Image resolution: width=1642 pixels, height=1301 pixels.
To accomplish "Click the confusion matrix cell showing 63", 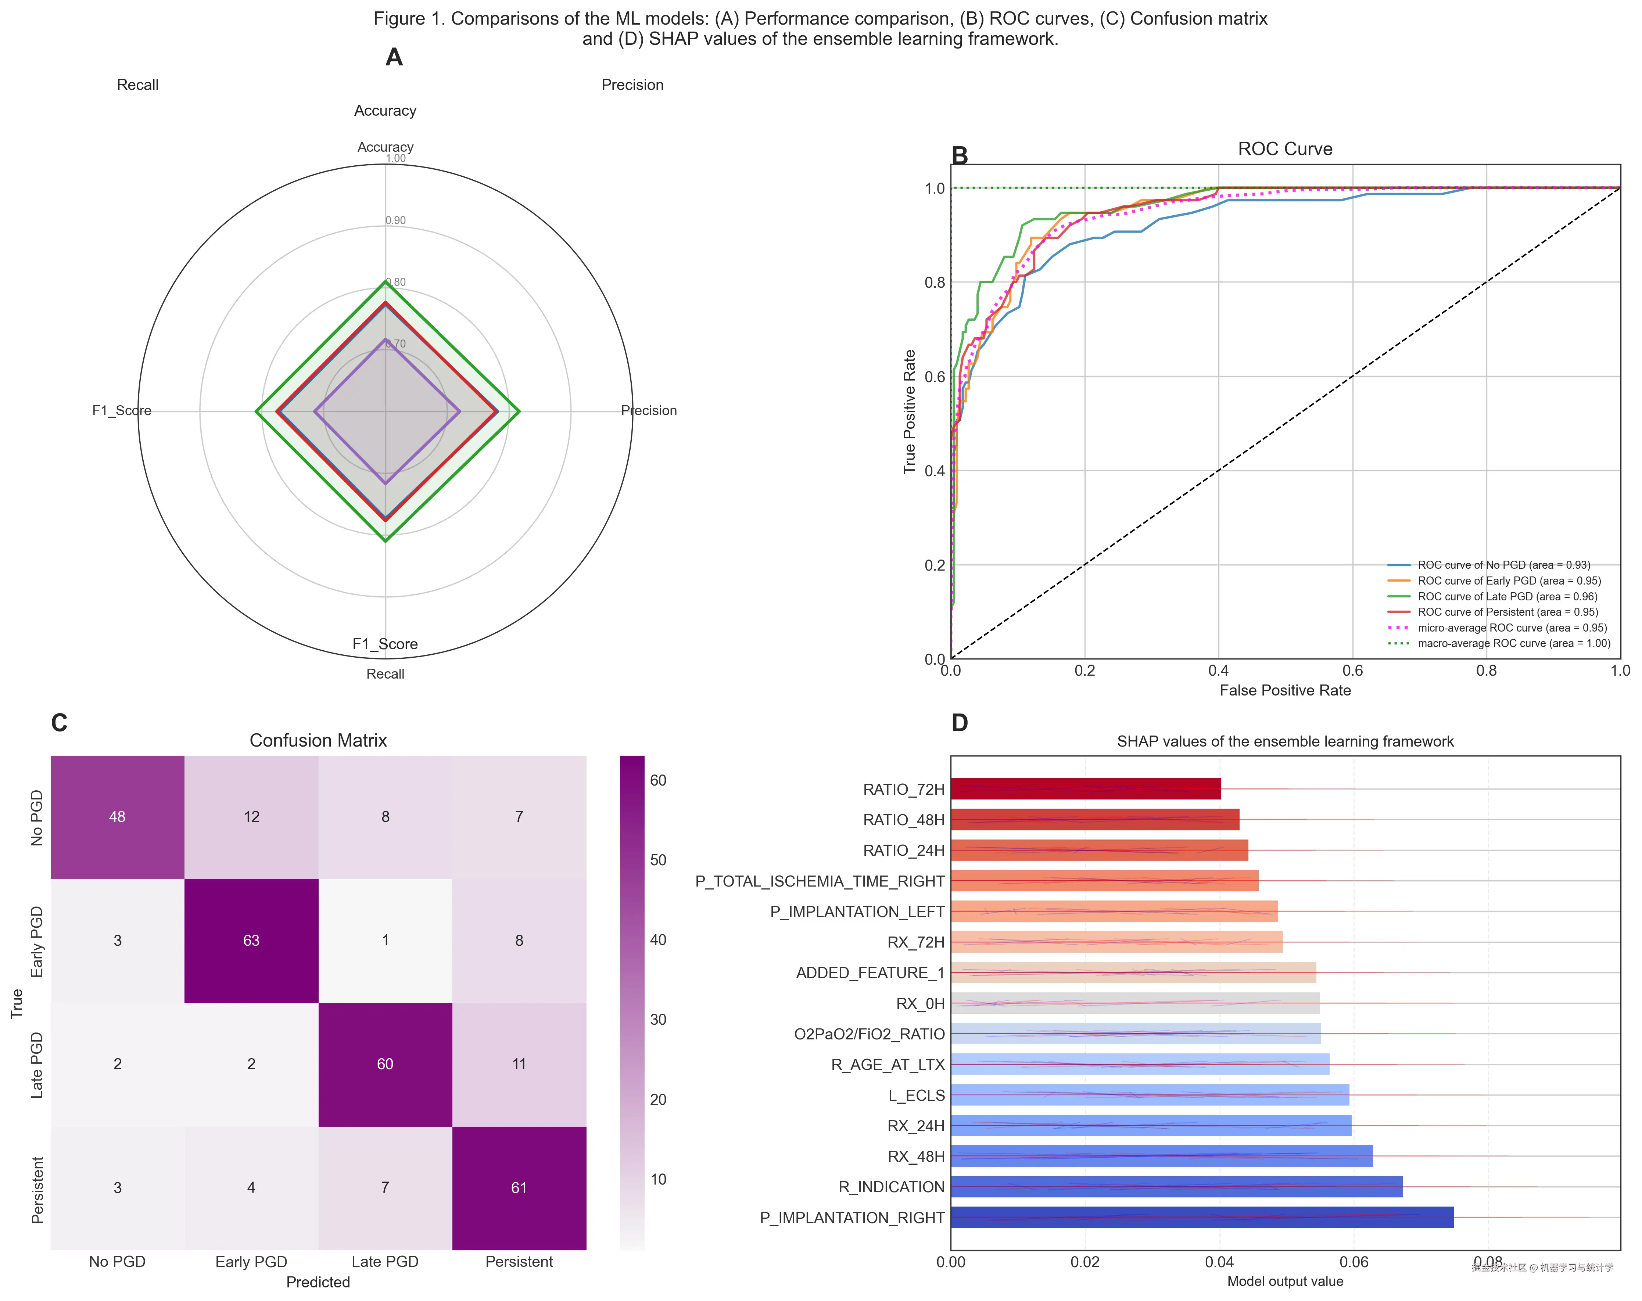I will pyautogui.click(x=251, y=940).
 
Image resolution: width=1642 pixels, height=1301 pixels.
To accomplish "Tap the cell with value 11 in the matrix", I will pyautogui.click(x=519, y=1064).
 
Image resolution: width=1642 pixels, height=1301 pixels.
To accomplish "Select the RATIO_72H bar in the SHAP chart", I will pyautogui.click(x=1085, y=789).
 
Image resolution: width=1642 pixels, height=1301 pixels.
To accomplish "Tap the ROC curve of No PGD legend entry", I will pyautogui.click(x=1503, y=565).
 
